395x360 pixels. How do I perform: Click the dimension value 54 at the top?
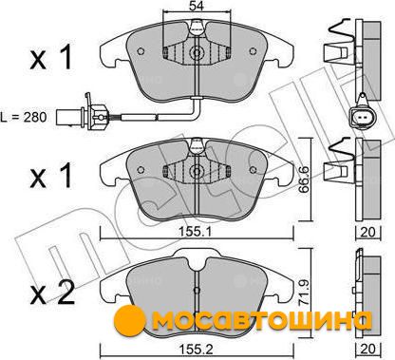pos(197,5)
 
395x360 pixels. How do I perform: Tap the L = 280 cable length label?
pos(24,117)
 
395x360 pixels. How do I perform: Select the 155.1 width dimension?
pos(196,232)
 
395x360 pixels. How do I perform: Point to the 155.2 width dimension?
pos(197,350)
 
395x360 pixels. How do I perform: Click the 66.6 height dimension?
pos(305,180)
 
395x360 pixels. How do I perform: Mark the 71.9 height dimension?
pos(305,291)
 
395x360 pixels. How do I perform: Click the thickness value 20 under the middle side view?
pos(367,232)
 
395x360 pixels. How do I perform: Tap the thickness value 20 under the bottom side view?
pos(367,350)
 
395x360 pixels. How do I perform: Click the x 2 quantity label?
pos(53,293)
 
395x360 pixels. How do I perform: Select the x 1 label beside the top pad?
pos(51,57)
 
